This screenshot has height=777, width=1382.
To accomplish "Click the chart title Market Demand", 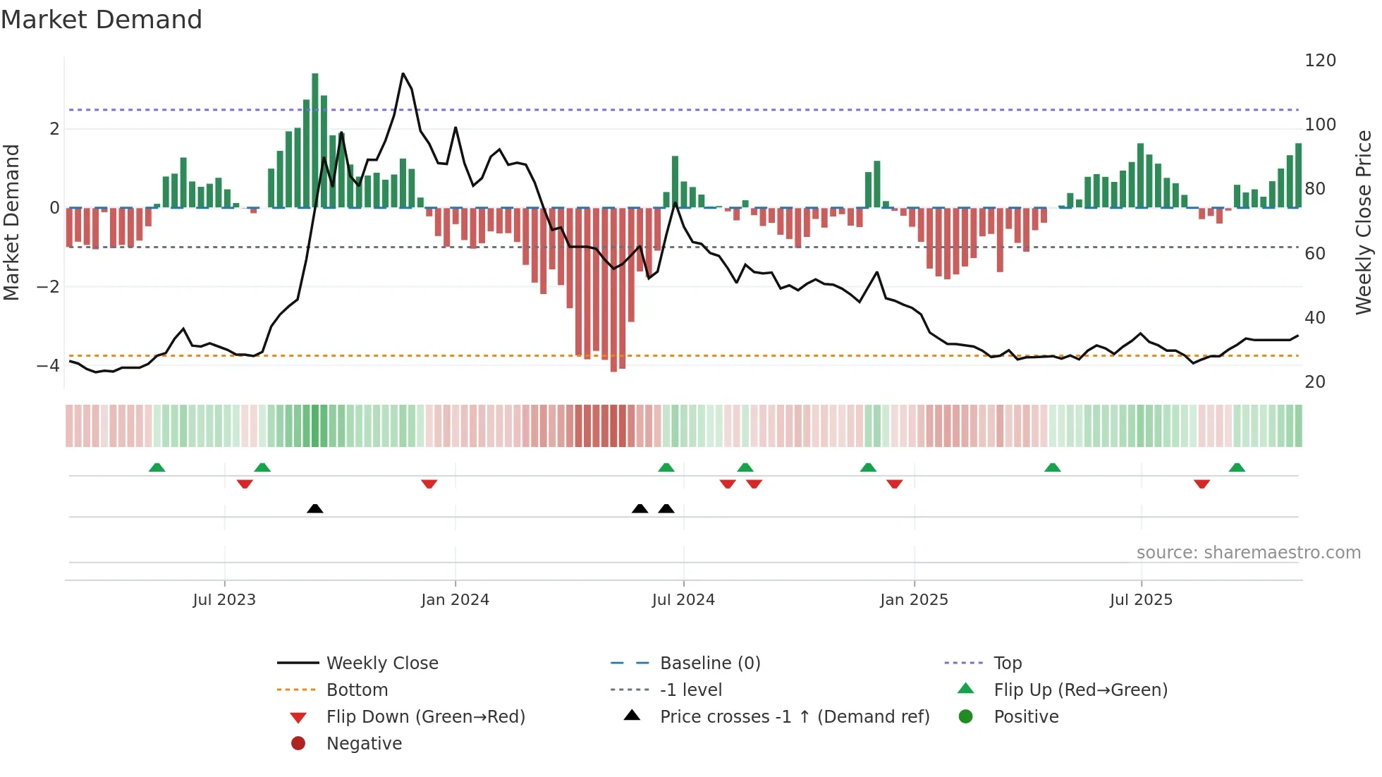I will (x=102, y=20).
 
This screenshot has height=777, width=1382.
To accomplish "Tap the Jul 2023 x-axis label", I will (x=224, y=600).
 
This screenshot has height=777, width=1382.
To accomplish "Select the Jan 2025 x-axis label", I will (x=914, y=600).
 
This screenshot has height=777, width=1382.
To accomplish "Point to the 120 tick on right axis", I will (x=1320, y=61).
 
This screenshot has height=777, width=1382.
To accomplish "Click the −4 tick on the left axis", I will (x=48, y=365).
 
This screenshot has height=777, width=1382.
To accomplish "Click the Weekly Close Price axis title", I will (x=1364, y=222).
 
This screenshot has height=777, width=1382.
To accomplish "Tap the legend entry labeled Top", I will (x=1007, y=663).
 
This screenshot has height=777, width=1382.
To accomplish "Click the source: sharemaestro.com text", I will (x=1248, y=553).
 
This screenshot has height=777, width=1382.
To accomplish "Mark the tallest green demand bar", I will (x=315, y=141).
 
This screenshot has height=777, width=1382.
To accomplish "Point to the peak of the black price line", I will (x=403, y=74).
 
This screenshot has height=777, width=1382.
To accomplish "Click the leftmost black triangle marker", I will (x=315, y=508).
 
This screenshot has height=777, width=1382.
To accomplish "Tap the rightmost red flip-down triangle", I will (x=1201, y=484).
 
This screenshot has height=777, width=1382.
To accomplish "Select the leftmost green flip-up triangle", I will (x=157, y=467).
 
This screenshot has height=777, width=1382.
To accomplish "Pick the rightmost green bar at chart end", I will (x=1298, y=176).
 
